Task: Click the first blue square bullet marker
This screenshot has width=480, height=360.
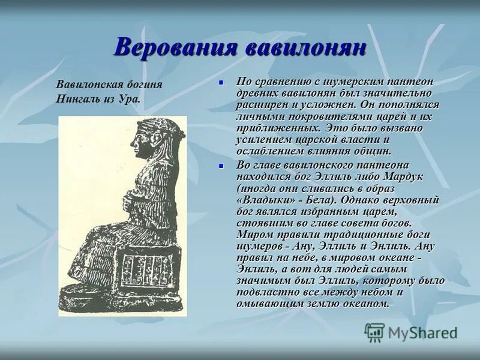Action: (221, 82)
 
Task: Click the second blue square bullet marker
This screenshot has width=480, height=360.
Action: (221, 166)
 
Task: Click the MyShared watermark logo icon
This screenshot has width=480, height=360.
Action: (374, 332)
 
